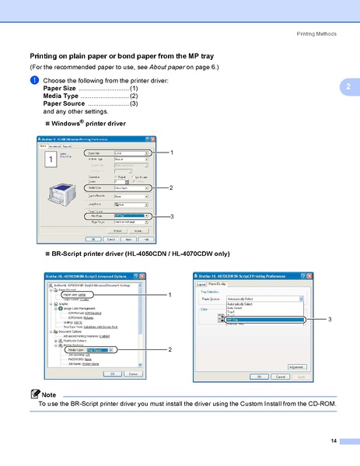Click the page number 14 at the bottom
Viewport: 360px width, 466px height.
coord(334,441)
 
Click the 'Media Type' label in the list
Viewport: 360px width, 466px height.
coord(61,96)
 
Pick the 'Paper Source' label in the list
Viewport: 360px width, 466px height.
coord(64,103)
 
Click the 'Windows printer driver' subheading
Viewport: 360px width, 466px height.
coord(85,124)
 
